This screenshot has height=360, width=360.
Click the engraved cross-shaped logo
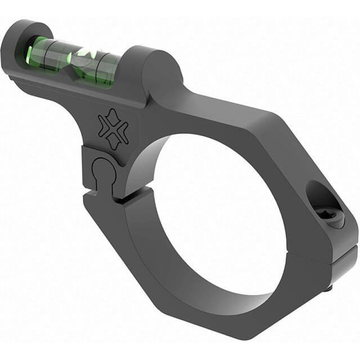[112, 128]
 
